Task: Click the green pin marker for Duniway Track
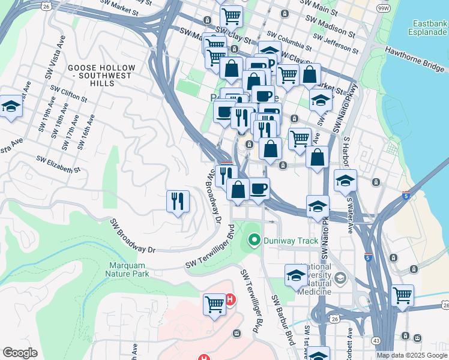254,241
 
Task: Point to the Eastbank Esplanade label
429,28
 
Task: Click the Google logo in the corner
20,353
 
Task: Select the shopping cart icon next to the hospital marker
214,304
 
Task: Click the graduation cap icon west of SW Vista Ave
10,107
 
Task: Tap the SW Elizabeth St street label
58,165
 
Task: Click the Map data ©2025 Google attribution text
412,355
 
